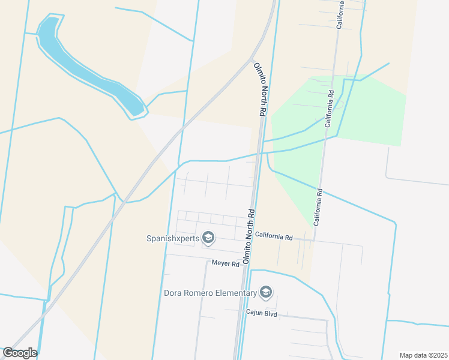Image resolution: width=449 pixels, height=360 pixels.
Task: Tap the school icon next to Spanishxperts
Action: point(208,238)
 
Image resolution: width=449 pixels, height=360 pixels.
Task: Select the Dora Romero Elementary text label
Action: point(210,293)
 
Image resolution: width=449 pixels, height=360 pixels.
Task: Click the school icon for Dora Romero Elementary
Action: point(266,293)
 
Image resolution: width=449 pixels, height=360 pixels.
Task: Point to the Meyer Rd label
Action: point(226,263)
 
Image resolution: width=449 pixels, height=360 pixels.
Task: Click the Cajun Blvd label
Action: point(261,313)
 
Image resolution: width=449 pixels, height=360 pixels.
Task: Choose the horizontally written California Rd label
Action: point(273,237)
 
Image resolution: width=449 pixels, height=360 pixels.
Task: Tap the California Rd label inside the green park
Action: point(329,109)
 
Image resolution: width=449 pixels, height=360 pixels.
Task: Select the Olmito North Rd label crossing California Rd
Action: point(249,236)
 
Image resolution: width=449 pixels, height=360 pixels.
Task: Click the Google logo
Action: point(20,353)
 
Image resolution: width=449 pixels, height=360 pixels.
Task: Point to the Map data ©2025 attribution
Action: point(423,355)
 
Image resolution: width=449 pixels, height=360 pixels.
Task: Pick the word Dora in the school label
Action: point(173,293)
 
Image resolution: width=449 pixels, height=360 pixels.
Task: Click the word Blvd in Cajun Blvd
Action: point(271,313)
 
